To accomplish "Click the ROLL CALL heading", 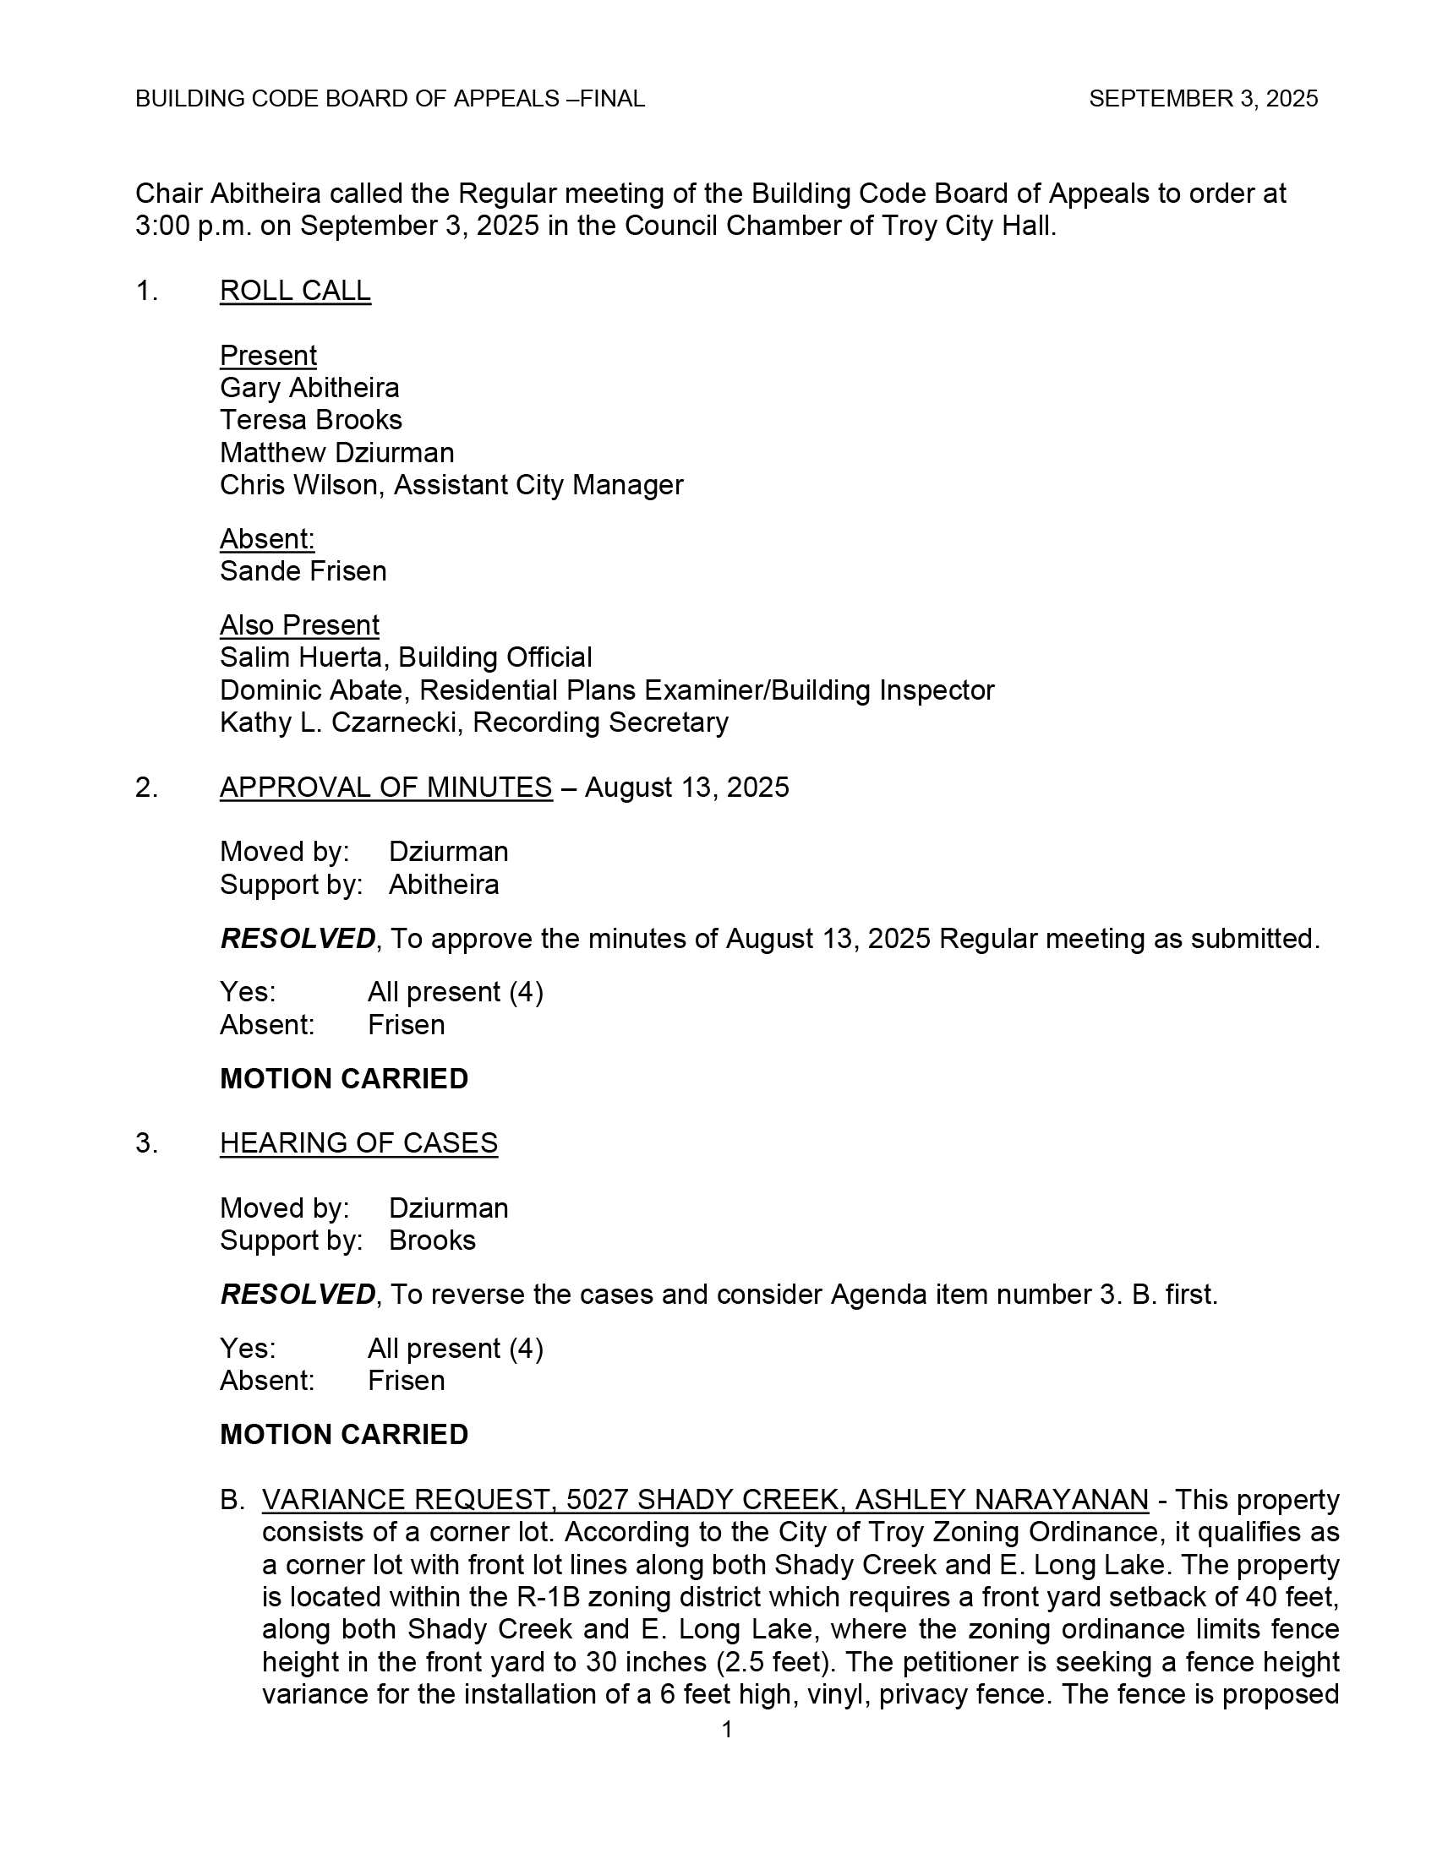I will pos(294,292).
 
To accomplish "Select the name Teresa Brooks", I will pos(311,420).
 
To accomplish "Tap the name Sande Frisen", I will pos(303,571).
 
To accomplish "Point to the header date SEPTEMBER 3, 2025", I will pos(1203,99).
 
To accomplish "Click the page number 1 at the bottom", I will pos(726,1730).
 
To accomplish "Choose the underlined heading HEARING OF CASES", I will pos(358,1143).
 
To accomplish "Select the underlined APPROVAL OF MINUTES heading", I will pos(385,788).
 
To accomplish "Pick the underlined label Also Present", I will pos(298,624).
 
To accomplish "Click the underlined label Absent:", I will pos(267,539).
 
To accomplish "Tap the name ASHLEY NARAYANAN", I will pos(1001,1499).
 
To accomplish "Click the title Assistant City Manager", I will pos(538,485).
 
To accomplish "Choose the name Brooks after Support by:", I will pos(432,1240).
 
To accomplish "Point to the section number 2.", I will pos(145,788).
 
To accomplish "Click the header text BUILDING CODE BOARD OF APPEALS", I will pos(347,99).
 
